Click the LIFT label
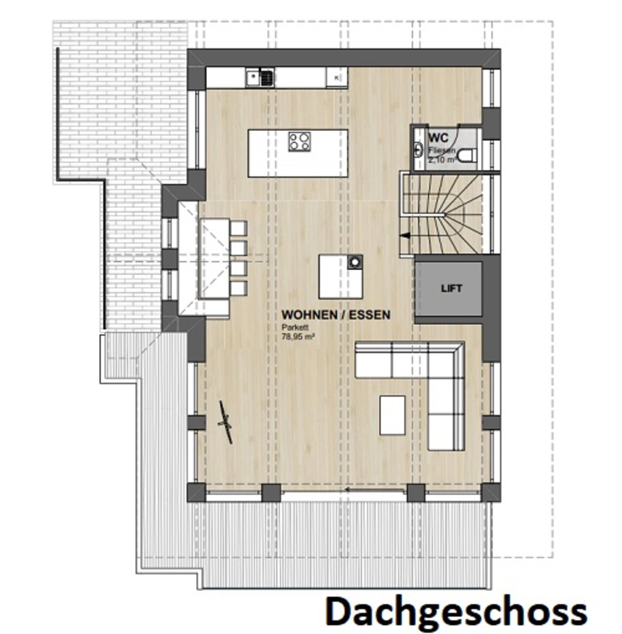(452, 289)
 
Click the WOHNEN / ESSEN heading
(336, 315)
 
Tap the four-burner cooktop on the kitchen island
(299, 141)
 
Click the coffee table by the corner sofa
(392, 415)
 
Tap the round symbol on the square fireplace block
(355, 262)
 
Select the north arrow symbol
(226, 422)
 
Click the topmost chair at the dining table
(239, 228)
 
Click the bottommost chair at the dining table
(239, 288)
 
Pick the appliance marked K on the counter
(336, 78)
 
